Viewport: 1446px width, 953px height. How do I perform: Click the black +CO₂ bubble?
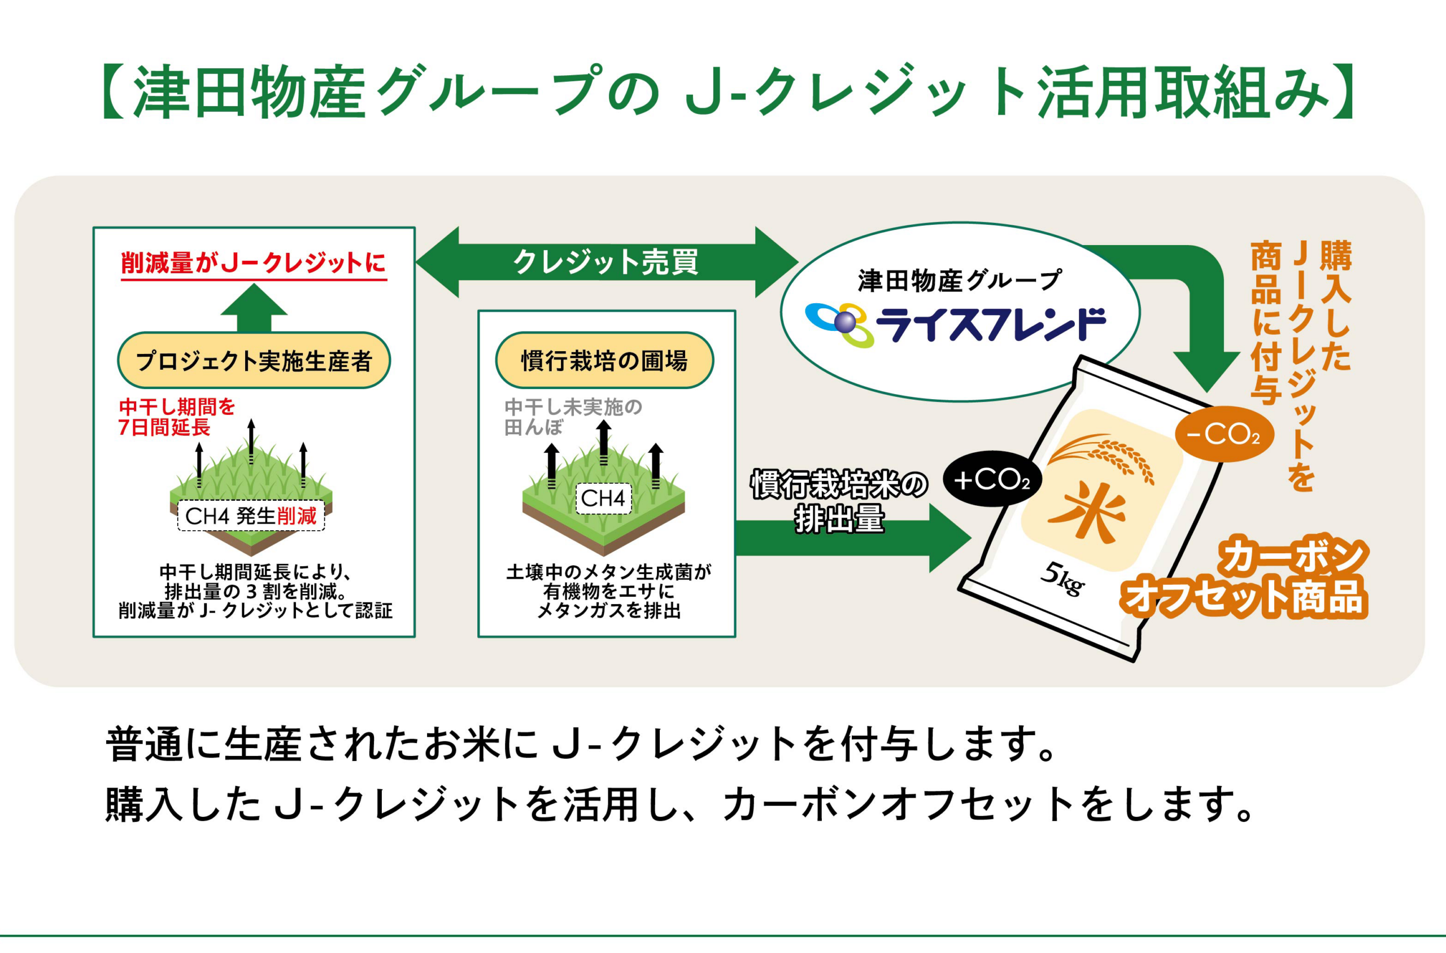click(992, 479)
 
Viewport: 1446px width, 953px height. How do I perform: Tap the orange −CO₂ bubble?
click(1224, 434)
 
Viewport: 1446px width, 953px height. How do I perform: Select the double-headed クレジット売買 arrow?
click(607, 262)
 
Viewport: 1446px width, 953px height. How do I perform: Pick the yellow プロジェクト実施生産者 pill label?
click(254, 360)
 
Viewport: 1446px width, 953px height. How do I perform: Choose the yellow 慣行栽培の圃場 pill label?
click(604, 360)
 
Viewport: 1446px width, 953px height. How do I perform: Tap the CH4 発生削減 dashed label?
click(251, 516)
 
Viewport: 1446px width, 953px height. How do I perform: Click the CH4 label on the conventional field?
click(603, 499)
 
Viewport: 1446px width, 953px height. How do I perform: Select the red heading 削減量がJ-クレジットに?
click(254, 263)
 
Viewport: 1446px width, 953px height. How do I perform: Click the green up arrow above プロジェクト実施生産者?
click(254, 308)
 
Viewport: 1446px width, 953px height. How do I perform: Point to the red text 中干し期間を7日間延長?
click(176, 417)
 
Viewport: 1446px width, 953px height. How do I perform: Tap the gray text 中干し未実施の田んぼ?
click(573, 417)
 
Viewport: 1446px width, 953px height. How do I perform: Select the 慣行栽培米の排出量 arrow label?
click(839, 501)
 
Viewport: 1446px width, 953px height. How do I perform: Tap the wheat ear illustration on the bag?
click(1101, 456)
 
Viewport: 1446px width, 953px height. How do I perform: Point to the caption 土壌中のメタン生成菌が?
click(608, 572)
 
